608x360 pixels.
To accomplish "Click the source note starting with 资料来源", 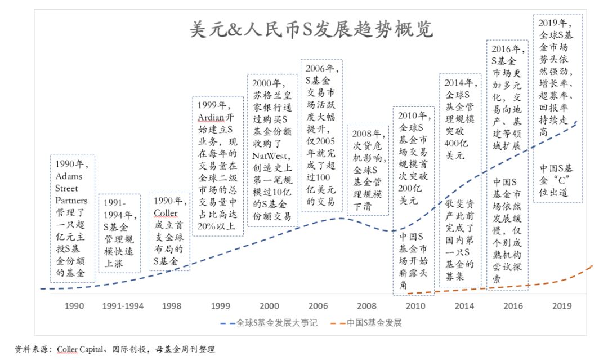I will coord(115,349).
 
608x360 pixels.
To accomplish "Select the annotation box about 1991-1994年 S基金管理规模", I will coord(119,233).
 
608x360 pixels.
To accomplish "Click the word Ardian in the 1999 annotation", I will coord(211,117).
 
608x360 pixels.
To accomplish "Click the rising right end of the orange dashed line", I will coord(589,267).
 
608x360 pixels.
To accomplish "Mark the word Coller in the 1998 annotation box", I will coord(165,213).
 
